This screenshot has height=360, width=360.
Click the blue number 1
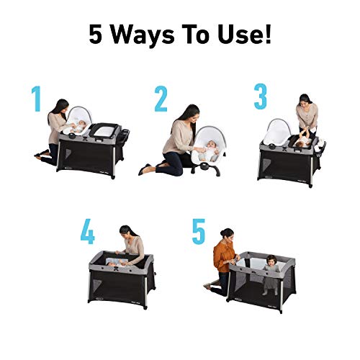point(36,100)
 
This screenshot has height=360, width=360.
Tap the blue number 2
point(161,100)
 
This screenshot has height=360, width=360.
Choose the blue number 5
point(199,231)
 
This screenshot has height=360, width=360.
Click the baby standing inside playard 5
point(271,272)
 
